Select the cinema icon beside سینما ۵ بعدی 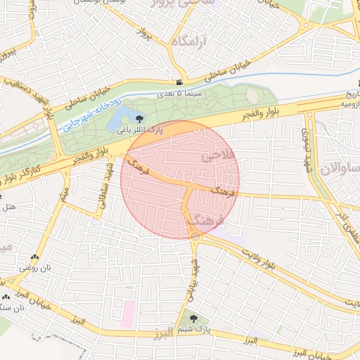point(181,84)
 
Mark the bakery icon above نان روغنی point(34,258)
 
